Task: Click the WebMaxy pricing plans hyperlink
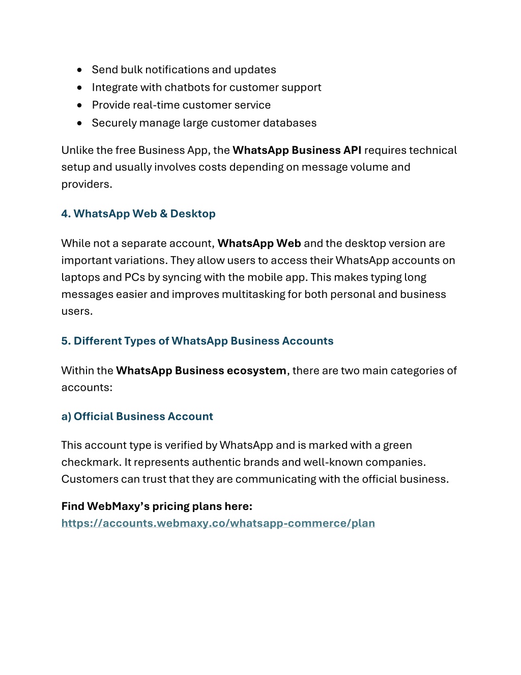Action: click(x=218, y=523)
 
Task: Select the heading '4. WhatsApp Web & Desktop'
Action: click(x=138, y=213)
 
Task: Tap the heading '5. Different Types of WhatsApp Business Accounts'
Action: click(x=197, y=341)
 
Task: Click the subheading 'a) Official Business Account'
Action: click(x=137, y=416)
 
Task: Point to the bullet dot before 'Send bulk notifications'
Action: click(x=79, y=70)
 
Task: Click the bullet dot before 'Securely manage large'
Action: click(x=79, y=123)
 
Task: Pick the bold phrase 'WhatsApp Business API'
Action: click(x=297, y=150)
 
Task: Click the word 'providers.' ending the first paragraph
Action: click(x=86, y=184)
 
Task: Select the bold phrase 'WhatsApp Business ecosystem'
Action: click(x=201, y=370)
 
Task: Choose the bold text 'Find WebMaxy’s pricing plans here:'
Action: click(x=157, y=506)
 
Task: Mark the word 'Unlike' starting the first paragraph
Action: click(x=77, y=150)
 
